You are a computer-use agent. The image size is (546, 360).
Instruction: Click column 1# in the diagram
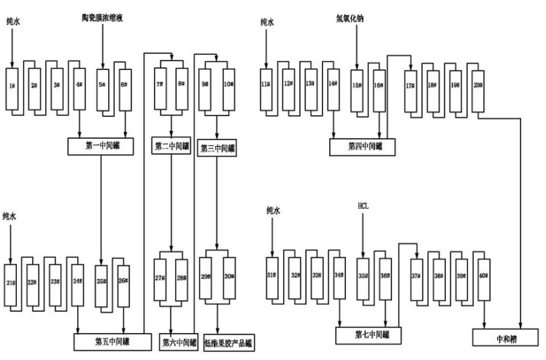[x=12, y=87]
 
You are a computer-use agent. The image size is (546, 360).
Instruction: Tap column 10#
[x=228, y=85]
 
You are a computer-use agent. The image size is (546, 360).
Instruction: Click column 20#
[x=477, y=86]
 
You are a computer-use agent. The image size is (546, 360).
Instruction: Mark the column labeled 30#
[x=228, y=277]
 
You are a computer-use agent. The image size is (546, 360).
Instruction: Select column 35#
[x=363, y=276]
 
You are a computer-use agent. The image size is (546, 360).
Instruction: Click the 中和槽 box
[x=506, y=338]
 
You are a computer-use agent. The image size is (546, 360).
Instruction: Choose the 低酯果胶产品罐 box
[x=228, y=340]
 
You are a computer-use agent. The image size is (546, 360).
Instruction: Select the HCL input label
[x=364, y=207]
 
